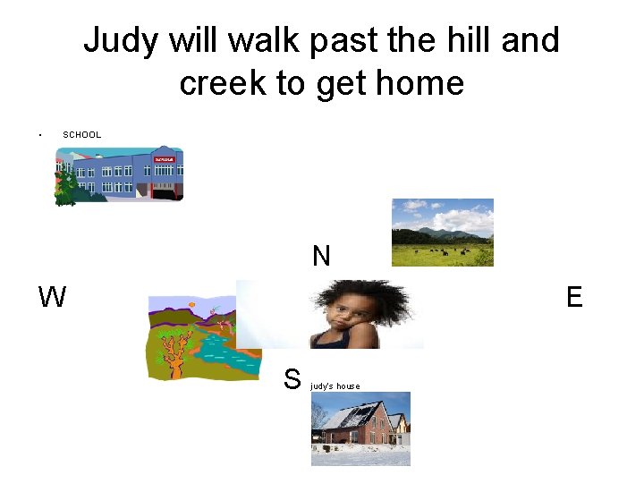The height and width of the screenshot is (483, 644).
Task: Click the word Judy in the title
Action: [x=120, y=41]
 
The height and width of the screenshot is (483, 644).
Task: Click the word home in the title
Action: [x=419, y=83]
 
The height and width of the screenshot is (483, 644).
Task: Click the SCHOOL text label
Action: [x=82, y=135]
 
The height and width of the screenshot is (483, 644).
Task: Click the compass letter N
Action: [x=321, y=257]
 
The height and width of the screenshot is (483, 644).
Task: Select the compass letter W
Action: [x=52, y=297]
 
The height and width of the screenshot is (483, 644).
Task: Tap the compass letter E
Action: [x=574, y=297]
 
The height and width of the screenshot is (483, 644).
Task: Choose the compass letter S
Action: [x=292, y=379]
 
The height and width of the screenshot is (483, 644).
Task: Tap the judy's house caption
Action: [x=335, y=386]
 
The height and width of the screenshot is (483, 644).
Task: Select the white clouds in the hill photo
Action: [x=452, y=215]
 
